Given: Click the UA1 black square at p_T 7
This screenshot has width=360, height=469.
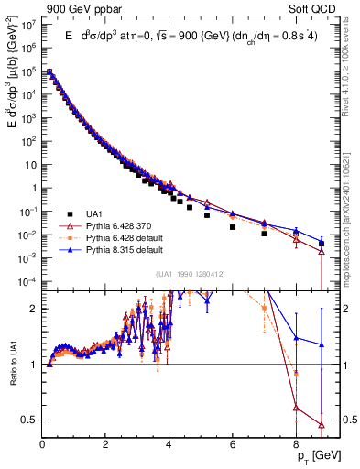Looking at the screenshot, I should [264, 234].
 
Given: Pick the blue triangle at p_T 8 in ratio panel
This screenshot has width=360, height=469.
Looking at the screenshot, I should [296, 338].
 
